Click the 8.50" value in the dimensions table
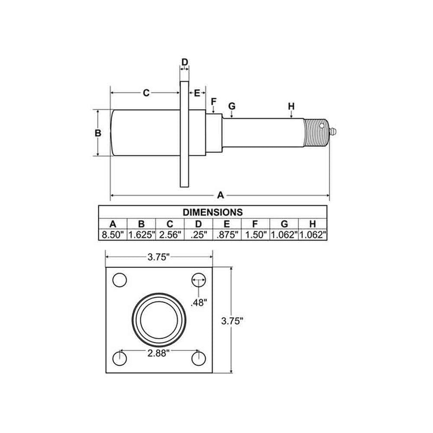pyautogui.click(x=113, y=235)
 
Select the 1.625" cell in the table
pyautogui.click(x=141, y=235)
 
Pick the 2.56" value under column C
pyautogui.click(x=170, y=235)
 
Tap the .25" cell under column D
pyautogui.click(x=199, y=235)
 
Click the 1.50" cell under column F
pyautogui.click(x=255, y=235)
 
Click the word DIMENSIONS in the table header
pyautogui.click(x=212, y=212)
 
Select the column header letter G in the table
pyautogui.click(x=284, y=224)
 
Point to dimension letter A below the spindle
pyautogui.click(x=220, y=194)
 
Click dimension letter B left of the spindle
pyautogui.click(x=98, y=133)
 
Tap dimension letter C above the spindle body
pyautogui.click(x=146, y=93)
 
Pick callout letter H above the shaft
pyautogui.click(x=291, y=106)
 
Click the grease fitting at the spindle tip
pyautogui.click(x=333, y=132)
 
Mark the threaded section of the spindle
pyautogui.click(x=316, y=133)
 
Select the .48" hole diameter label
pyautogui.click(x=199, y=303)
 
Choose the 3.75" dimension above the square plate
pyautogui.click(x=159, y=258)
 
